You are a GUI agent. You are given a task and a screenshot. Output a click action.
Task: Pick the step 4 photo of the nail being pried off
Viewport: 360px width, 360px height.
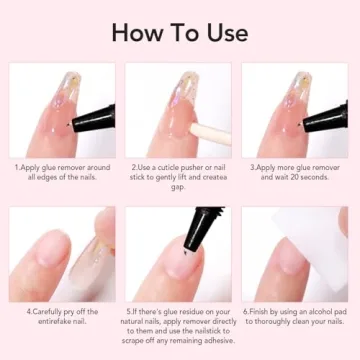click(x=62, y=254)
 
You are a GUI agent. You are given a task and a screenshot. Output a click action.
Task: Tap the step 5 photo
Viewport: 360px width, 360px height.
click(x=179, y=254)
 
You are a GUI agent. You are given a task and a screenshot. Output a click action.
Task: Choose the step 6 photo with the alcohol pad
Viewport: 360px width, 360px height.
click(x=295, y=254)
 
